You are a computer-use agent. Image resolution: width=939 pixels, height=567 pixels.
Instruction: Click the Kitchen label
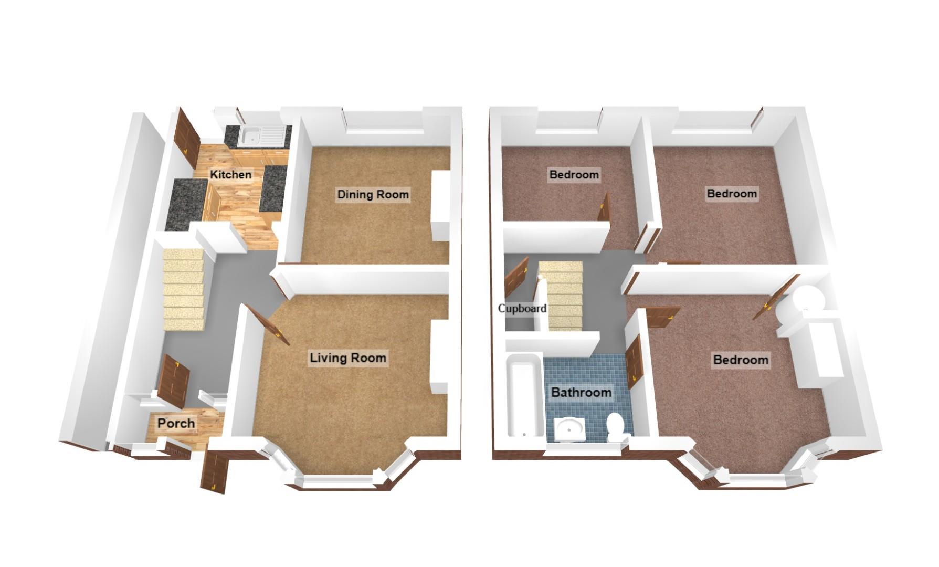click(230, 174)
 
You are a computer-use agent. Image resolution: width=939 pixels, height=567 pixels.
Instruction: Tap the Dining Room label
click(373, 194)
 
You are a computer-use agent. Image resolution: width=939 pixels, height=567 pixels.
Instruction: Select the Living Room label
click(347, 358)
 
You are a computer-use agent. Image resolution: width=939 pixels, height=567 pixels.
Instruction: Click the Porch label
click(176, 423)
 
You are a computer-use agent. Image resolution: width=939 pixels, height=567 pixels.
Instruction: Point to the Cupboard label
click(522, 309)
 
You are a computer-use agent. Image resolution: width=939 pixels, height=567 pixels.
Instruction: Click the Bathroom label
click(581, 392)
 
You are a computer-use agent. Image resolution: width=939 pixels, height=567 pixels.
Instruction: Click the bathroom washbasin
click(569, 428)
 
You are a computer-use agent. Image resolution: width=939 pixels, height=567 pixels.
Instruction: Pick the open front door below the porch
click(215, 472)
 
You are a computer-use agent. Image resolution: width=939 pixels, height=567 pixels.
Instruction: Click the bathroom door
click(634, 362)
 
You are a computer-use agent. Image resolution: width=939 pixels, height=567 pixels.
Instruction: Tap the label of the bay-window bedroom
click(740, 360)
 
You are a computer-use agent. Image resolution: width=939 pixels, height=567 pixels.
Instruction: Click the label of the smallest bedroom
click(573, 174)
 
